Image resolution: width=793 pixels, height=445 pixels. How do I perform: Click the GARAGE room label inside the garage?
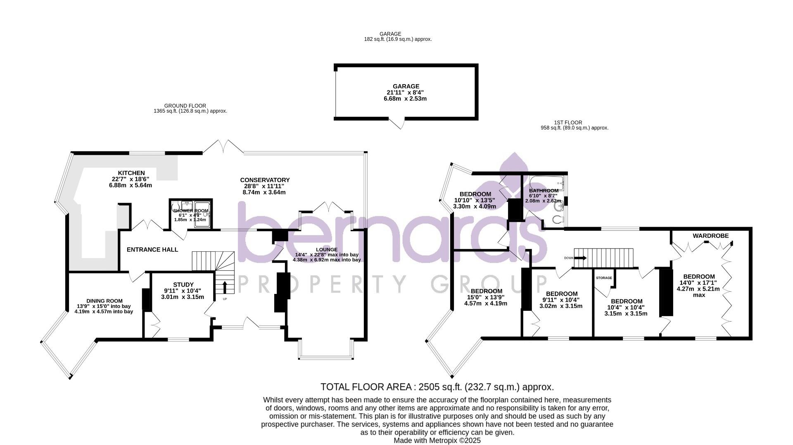406,87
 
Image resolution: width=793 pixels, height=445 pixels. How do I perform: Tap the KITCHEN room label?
131,173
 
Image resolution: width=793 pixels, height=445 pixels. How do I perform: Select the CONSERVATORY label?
265,180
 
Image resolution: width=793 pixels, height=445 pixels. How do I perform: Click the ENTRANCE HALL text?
152,249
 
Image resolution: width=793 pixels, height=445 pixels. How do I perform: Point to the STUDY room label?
183,284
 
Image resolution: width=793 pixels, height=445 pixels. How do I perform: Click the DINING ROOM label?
104,301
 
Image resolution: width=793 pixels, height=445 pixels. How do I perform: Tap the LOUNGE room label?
326,249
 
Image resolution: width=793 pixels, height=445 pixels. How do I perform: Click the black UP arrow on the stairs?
225,286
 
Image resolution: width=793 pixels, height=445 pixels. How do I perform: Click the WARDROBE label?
710,236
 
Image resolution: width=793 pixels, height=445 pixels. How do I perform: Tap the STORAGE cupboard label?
604,278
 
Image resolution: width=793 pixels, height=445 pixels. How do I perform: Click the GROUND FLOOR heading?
185,106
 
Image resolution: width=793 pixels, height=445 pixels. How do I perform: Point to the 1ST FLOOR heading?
568,123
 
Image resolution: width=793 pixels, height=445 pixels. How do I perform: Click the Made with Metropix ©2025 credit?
437,440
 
